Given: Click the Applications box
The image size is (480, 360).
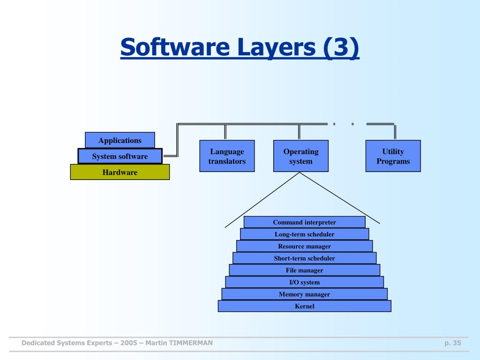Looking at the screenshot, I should [x=120, y=140].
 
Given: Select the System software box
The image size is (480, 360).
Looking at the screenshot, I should [x=120, y=156].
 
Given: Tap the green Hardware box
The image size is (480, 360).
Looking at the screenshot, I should [x=120, y=172].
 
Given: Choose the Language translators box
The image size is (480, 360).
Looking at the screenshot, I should [x=227, y=156].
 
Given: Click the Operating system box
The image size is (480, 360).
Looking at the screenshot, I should [x=300, y=156].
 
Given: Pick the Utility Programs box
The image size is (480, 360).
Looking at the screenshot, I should [x=393, y=156].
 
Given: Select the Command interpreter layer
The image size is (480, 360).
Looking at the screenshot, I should [x=304, y=222].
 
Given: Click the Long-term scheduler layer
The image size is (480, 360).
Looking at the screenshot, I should [x=304, y=234].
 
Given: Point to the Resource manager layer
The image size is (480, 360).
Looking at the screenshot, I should [x=304, y=246].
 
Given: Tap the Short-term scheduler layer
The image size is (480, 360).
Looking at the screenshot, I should [x=304, y=258].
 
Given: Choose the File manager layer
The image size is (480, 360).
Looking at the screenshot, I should [x=304, y=270].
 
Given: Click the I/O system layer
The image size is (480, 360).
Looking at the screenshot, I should [x=304, y=282].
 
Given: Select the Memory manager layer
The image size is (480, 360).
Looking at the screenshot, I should [x=304, y=294].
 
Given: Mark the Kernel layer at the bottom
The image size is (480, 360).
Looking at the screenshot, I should [x=304, y=306].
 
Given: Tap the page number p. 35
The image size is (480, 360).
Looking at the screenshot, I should [x=453, y=343].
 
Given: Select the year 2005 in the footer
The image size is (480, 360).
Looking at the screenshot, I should [x=128, y=343].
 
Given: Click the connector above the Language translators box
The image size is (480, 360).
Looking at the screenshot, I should [x=226, y=132].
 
